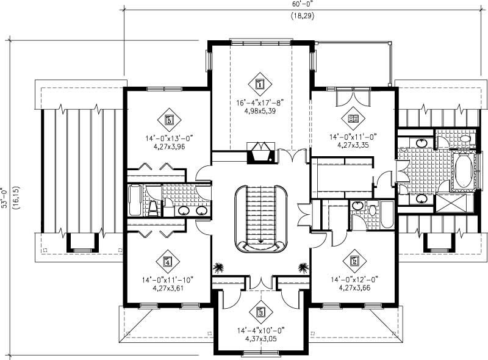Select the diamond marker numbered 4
(167, 263)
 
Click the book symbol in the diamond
(353, 117)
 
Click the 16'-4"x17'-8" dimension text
(260, 103)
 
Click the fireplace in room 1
(262, 153)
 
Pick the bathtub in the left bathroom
(135, 201)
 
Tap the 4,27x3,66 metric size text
(353, 287)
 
